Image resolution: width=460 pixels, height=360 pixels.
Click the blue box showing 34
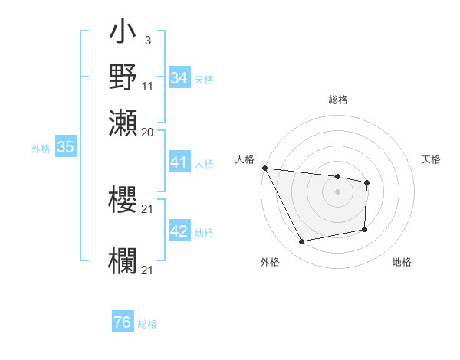(179, 78)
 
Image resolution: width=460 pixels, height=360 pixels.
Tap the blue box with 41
(179, 162)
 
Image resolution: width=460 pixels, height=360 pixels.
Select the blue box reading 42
(179, 231)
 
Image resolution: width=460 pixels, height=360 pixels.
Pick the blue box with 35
(65, 147)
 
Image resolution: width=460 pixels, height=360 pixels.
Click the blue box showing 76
(123, 322)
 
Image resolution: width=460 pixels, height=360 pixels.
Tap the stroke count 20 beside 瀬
(148, 132)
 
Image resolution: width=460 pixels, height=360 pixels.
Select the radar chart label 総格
(338, 100)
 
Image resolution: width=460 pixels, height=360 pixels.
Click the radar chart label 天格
(431, 159)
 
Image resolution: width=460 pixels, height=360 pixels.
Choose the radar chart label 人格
(245, 159)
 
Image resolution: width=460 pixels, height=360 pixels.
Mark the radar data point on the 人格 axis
(264, 168)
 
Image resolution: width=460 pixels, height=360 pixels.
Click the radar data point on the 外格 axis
(302, 242)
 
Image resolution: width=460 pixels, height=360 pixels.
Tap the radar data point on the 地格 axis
(365, 229)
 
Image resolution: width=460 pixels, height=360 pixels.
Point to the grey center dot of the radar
(338, 191)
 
